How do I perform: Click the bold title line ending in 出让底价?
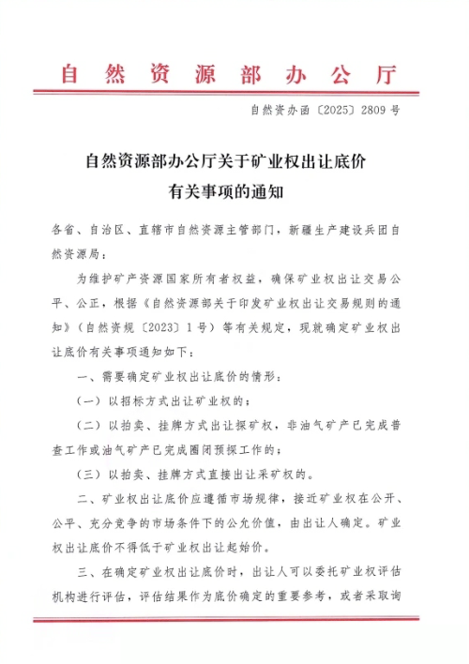(234, 160)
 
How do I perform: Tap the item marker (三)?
(90, 475)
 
